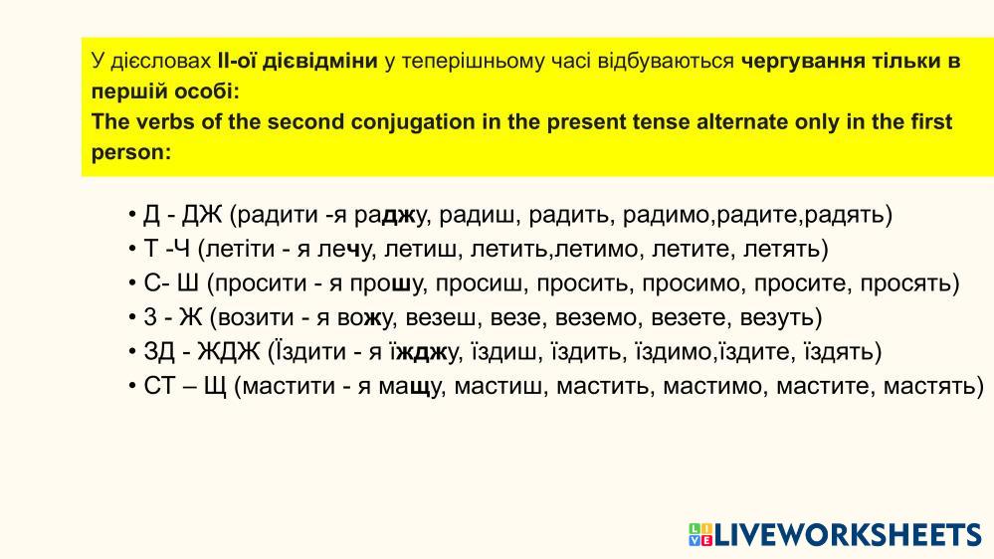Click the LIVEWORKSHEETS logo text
pos(848,534)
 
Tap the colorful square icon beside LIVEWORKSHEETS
pos(700,534)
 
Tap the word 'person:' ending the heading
pos(131,152)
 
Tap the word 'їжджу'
pos(424,352)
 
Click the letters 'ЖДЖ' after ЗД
pos(229,352)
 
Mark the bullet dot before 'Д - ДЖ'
pos(132,215)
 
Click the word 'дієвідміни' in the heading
pos(319,62)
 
